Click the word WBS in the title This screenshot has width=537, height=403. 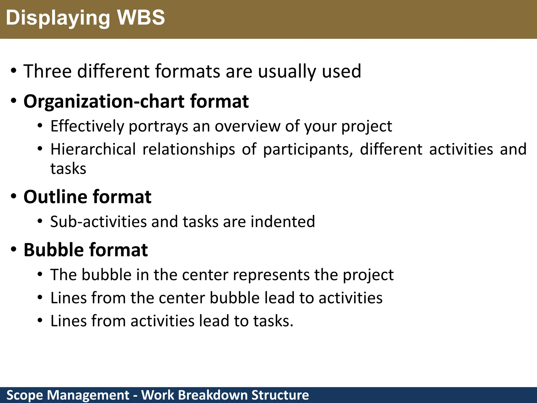click(x=141, y=18)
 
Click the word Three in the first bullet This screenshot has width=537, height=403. click(x=47, y=71)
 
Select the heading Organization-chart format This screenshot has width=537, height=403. click(x=136, y=101)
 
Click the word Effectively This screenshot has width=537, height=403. click(x=87, y=126)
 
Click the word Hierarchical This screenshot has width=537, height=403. click(x=93, y=149)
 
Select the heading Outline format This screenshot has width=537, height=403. click(x=87, y=197)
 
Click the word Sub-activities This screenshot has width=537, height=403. click(x=98, y=222)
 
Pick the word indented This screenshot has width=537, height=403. click(x=283, y=222)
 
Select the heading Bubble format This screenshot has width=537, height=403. click(x=86, y=250)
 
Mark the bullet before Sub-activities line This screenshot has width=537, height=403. click(x=40, y=221)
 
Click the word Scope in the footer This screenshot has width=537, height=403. click(x=25, y=395)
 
